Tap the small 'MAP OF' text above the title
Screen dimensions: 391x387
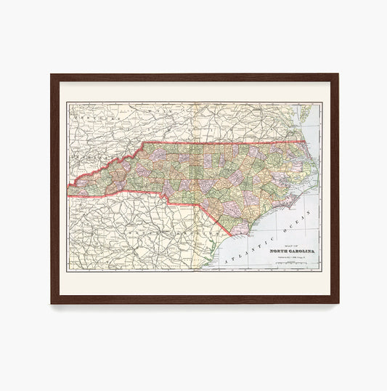pyautogui.click(x=286, y=246)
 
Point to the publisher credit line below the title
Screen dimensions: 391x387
pyautogui.click(x=286, y=258)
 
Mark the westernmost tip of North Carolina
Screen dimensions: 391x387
pyautogui.click(x=68, y=191)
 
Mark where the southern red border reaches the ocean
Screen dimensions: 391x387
pyautogui.click(x=231, y=236)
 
